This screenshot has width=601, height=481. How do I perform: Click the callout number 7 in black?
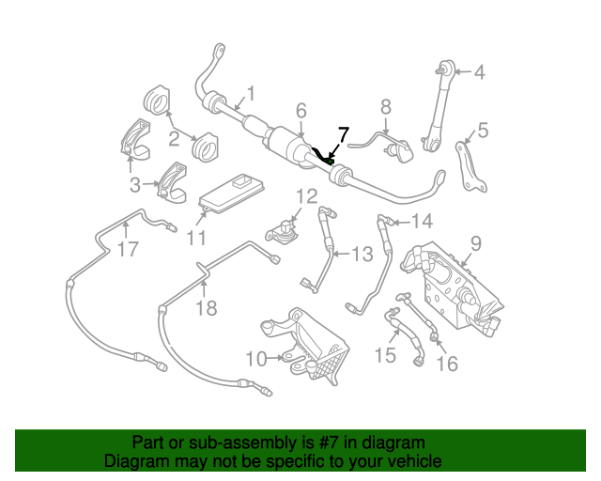(343, 134)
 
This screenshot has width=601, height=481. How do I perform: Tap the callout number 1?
(250, 94)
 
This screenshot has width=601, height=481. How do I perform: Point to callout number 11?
(195, 238)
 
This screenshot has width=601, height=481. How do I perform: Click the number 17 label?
(128, 250)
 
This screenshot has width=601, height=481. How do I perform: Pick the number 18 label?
(204, 307)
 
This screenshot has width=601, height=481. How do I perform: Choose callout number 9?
(476, 243)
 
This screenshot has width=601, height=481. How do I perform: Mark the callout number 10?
(256, 357)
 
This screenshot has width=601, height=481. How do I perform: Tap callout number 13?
(362, 253)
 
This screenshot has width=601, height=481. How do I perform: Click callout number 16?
(449, 363)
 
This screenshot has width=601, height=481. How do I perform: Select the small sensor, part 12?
(283, 228)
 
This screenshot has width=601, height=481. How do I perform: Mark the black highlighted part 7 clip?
(326, 156)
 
